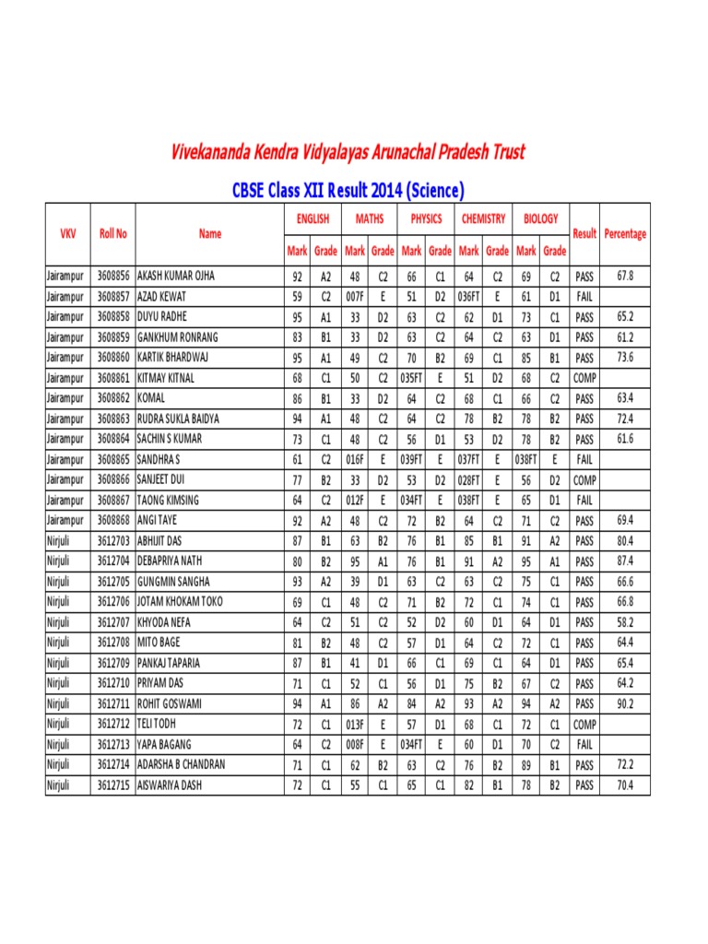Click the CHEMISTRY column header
(482, 219)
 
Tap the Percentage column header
(625, 234)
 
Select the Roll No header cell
(113, 234)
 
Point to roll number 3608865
(113, 459)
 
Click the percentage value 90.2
(625, 703)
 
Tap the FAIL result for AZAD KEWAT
(584, 296)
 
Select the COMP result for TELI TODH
(584, 724)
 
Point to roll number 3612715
(113, 785)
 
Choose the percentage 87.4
(625, 560)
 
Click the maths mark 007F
(354, 296)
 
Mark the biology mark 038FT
(525, 459)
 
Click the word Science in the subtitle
(430, 191)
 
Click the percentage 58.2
(625, 622)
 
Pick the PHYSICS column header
(425, 219)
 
